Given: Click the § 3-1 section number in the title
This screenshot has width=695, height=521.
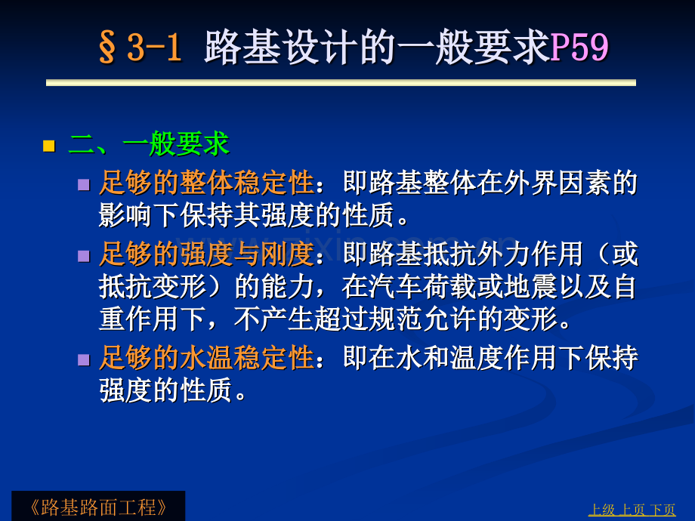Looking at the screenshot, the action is [x=140, y=47].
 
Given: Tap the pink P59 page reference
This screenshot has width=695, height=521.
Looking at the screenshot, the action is [x=579, y=47].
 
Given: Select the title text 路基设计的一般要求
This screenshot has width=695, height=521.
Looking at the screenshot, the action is [x=377, y=47].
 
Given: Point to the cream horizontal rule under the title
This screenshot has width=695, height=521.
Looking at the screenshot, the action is [x=341, y=83].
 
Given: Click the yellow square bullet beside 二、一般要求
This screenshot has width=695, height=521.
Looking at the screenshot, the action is [x=49, y=146].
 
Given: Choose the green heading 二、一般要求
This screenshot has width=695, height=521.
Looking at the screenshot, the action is [x=149, y=144].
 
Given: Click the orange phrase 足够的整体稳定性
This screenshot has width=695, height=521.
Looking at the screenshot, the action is [x=206, y=183].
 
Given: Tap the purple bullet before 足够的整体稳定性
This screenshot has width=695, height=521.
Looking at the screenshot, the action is [x=84, y=184].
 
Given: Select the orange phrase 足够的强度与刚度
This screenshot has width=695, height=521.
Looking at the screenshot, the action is [x=206, y=254].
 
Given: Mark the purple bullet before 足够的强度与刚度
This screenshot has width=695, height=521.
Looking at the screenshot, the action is [x=84, y=256].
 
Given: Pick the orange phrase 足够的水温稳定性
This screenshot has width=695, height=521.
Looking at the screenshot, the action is [x=206, y=357].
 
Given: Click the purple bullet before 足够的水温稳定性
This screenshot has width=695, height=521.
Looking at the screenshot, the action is [x=84, y=359].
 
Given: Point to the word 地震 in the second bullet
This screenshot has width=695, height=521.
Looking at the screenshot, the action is [x=530, y=287].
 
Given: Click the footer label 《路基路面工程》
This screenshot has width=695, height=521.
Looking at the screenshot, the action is [x=98, y=507].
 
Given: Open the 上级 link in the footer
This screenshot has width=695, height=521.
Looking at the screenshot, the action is [x=601, y=510].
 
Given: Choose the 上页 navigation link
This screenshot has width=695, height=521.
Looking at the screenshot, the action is [x=632, y=510].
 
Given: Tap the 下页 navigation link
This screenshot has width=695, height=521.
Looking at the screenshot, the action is [x=663, y=510].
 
